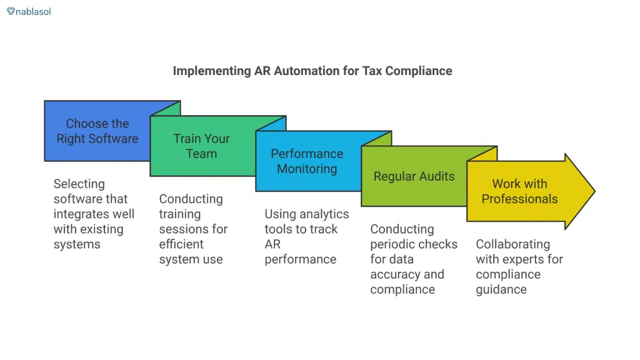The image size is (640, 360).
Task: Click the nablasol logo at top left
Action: pyautogui.click(x=29, y=11)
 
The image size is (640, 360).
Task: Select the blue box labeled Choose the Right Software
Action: pyautogui.click(x=97, y=131)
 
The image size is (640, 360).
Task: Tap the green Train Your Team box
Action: pyautogui.click(x=201, y=146)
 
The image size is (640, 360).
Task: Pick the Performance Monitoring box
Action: pyautogui.click(x=306, y=161)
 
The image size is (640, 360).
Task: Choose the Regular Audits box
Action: pyautogui.click(x=414, y=176)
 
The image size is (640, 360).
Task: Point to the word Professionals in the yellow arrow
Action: pyautogui.click(x=519, y=199)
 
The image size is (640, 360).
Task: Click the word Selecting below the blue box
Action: pyautogui.click(x=79, y=184)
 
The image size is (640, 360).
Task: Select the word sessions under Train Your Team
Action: pyautogui.click(x=186, y=229)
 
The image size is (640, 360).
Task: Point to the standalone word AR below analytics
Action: pyautogui.click(x=272, y=244)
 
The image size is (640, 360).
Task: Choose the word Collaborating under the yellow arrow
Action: pyautogui.click(x=512, y=244)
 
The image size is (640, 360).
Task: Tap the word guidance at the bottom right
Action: pyautogui.click(x=501, y=289)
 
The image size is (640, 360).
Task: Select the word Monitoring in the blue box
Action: pyautogui.click(x=307, y=169)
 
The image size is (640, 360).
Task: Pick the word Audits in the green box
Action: pyautogui.click(x=436, y=176)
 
